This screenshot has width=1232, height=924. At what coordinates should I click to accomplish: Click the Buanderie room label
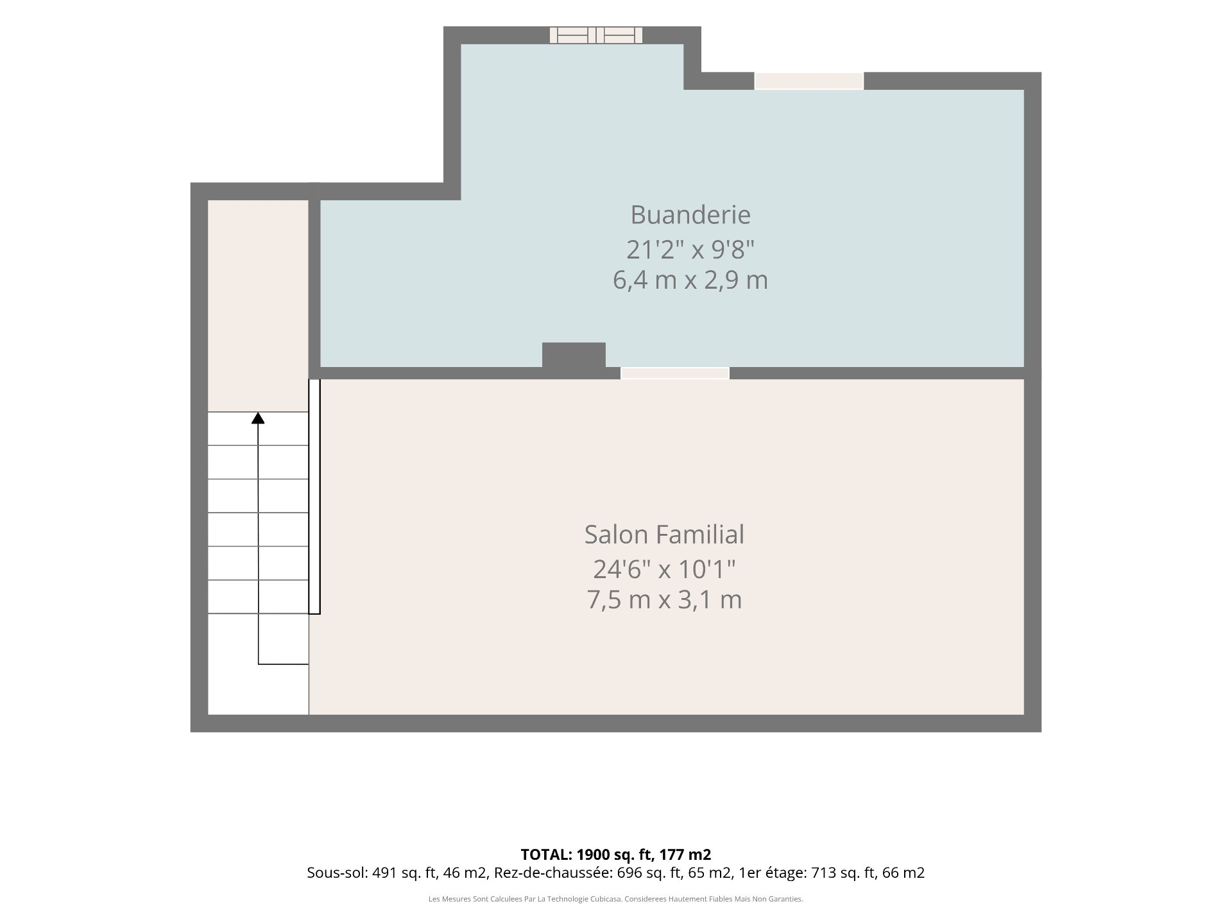[690, 214]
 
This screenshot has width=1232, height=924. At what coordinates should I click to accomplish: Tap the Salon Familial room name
[664, 535]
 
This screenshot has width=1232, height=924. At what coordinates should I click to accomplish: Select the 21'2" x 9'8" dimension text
[690, 249]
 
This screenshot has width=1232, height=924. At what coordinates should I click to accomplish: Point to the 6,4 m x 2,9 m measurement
[690, 280]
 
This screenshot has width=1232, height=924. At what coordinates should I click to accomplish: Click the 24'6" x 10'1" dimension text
[664, 569]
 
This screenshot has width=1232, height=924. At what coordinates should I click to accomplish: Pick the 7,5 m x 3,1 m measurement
[664, 599]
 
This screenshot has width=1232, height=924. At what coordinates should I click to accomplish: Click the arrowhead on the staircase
[258, 418]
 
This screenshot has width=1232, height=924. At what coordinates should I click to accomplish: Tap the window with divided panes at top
[596, 35]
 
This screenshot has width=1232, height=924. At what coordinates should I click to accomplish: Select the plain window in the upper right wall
[809, 81]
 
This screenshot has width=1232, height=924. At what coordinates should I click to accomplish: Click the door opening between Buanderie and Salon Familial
[675, 373]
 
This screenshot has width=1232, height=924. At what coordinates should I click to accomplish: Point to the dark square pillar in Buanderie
[574, 355]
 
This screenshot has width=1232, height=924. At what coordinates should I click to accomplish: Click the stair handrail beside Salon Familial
[314, 497]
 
